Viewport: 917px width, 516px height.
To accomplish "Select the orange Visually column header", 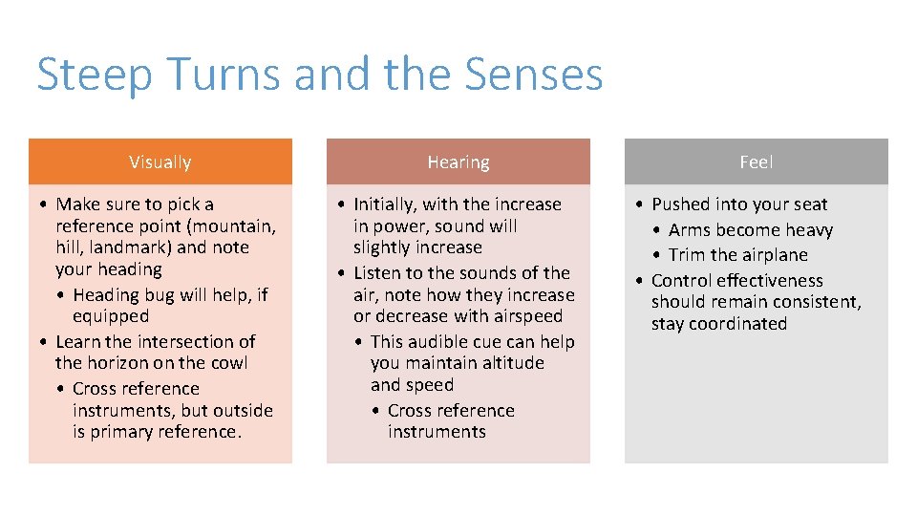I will point(160,162).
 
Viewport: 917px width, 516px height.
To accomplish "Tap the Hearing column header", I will point(458,162).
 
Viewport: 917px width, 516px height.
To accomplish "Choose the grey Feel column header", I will point(756,162).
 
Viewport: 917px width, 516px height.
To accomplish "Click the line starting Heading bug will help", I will point(170,294).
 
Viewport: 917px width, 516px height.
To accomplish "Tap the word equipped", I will point(111,315).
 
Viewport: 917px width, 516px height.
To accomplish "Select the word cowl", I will point(229,363).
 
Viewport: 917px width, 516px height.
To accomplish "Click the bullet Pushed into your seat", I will point(739,204).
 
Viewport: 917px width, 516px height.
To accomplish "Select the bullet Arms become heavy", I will point(751,230).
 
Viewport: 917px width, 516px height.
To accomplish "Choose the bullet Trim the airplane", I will point(738,255).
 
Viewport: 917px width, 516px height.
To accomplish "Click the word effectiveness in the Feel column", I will point(778,281).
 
